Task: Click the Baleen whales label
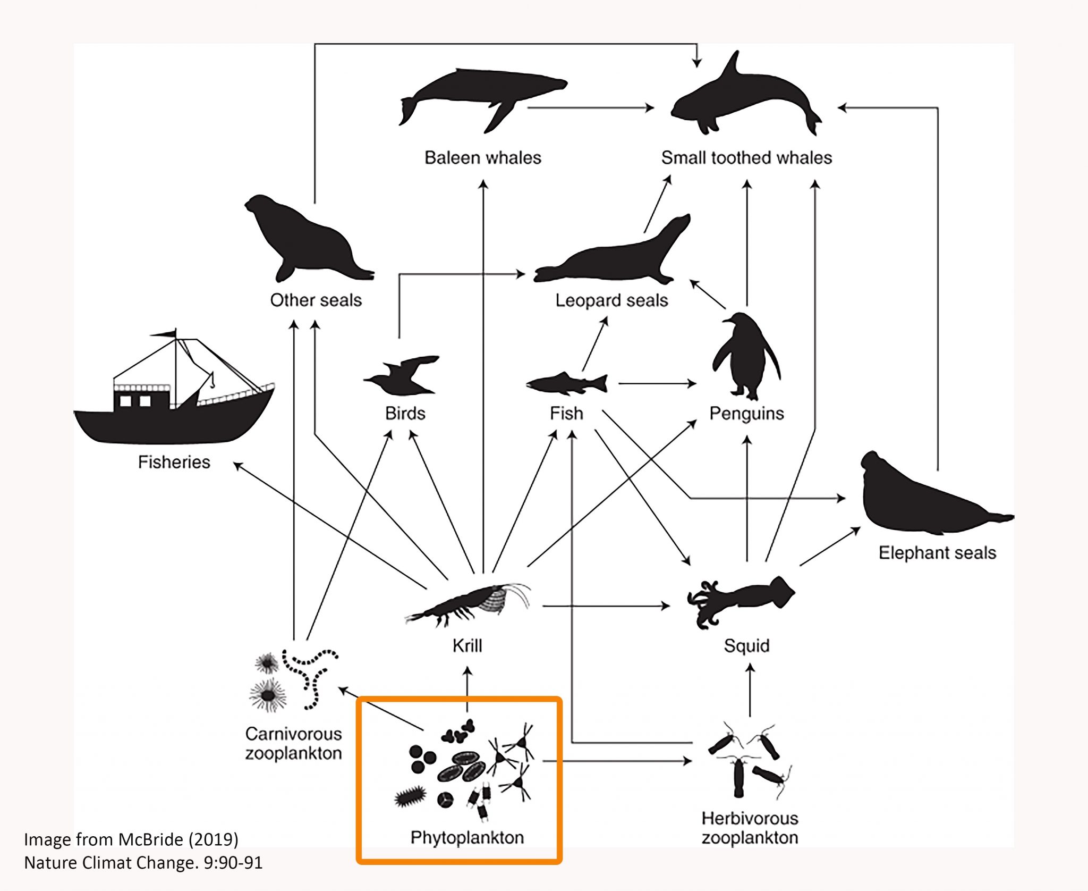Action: click(482, 158)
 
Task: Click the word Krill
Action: click(467, 645)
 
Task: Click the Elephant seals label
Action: click(937, 553)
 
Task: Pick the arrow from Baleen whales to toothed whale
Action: click(590, 108)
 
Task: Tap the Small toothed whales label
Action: click(746, 158)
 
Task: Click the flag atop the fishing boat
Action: click(165, 334)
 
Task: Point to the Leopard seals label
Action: click(611, 300)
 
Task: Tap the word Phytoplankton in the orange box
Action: click(467, 838)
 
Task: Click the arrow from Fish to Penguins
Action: click(657, 383)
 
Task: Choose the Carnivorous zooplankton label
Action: click(293, 743)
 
